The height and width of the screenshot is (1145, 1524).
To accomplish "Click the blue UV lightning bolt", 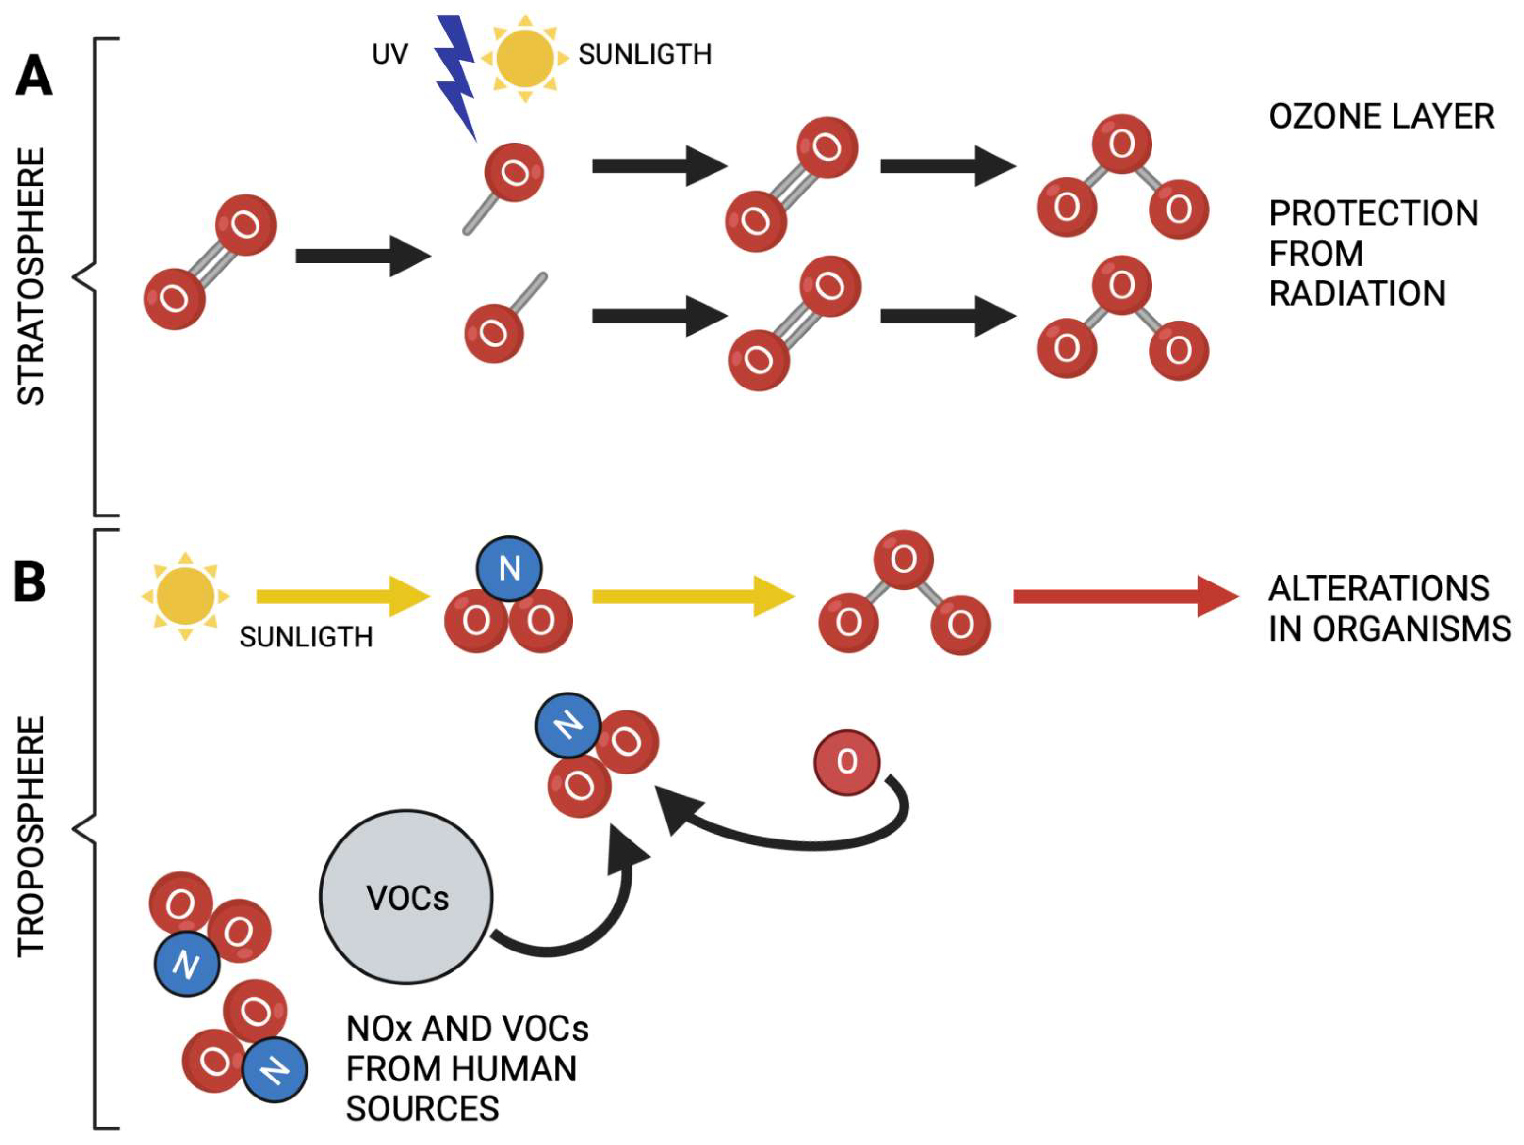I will click(x=455, y=76).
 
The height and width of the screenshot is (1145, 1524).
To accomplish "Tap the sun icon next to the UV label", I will click(x=525, y=59).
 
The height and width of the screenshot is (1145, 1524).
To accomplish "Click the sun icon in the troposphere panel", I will click(x=185, y=596).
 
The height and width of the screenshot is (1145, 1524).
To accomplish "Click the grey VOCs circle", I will click(x=406, y=896).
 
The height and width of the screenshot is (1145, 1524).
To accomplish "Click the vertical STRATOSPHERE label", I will click(x=31, y=275).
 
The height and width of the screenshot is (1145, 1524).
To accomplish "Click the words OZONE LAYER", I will click(x=1381, y=116).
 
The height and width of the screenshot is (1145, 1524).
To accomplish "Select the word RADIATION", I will click(x=1357, y=293).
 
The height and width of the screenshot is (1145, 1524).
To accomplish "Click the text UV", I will click(x=389, y=54).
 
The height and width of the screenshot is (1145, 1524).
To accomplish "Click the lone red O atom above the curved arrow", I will click(x=847, y=762).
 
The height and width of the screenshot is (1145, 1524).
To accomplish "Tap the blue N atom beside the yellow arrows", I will click(x=509, y=568).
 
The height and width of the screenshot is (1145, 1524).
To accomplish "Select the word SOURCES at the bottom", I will click(x=422, y=1109).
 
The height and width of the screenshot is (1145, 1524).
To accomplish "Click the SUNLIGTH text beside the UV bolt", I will click(x=644, y=54).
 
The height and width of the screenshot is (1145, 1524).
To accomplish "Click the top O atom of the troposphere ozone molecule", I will click(x=903, y=560).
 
